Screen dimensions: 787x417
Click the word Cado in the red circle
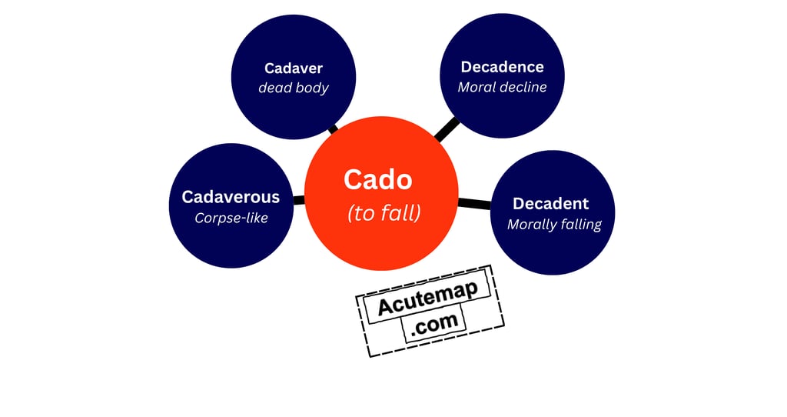[377, 179]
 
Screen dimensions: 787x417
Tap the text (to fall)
[384, 213]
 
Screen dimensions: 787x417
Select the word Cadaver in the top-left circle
[293, 68]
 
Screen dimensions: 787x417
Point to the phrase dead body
[293, 88]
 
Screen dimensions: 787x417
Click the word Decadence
[502, 67]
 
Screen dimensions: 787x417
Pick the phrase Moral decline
[502, 87]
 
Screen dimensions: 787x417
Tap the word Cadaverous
[231, 197]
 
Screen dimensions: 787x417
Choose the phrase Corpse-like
[231, 218]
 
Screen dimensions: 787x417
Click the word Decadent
[550, 204]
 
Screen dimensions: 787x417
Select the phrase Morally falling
[554, 225]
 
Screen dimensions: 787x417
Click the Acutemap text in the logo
[427, 299]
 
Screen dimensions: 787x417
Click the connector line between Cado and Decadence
[447, 129]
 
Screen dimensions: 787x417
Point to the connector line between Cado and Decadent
[474, 204]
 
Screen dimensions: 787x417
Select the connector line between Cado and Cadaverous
[299, 200]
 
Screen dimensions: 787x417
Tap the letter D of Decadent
[519, 204]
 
